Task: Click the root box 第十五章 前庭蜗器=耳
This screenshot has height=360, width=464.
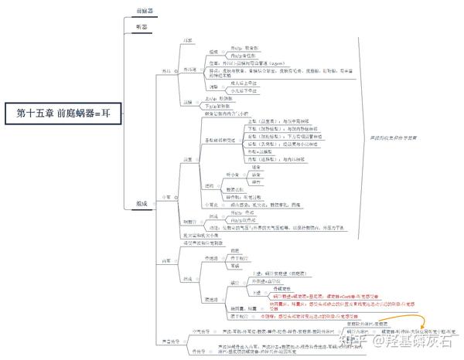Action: click(61, 113)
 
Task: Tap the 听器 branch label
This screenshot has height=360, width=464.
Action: click(141, 26)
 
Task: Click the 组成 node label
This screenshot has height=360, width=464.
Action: click(142, 204)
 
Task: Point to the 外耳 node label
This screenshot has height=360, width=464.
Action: click(165, 71)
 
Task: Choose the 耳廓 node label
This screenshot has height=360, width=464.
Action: click(186, 39)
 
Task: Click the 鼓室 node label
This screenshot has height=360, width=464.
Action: click(186, 159)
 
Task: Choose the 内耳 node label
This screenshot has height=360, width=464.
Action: click(165, 260)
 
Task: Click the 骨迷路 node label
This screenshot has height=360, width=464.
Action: click(210, 257)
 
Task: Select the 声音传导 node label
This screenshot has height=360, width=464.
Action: click(170, 341)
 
